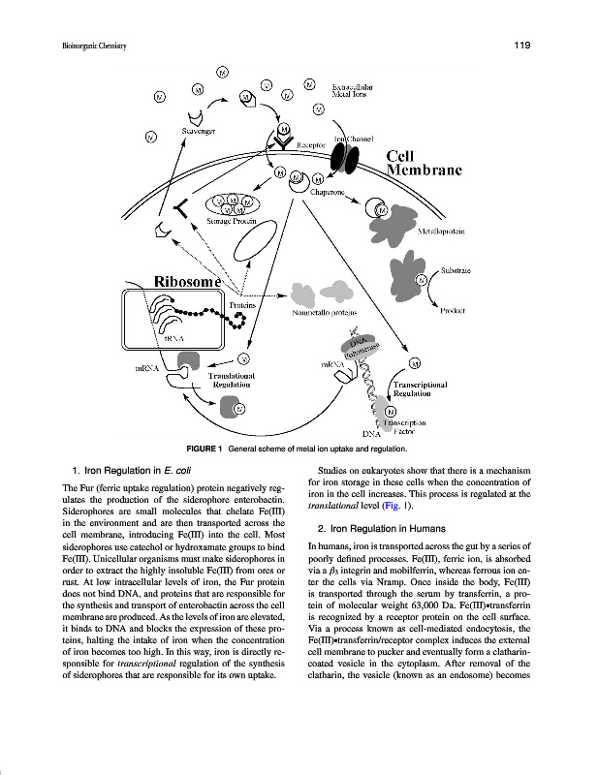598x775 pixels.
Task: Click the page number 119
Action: (x=519, y=46)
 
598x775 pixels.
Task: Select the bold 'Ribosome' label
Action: (x=187, y=281)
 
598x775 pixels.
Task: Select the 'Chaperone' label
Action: (x=329, y=191)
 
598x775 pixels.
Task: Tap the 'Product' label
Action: (x=454, y=310)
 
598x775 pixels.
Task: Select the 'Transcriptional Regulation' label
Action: (x=420, y=388)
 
